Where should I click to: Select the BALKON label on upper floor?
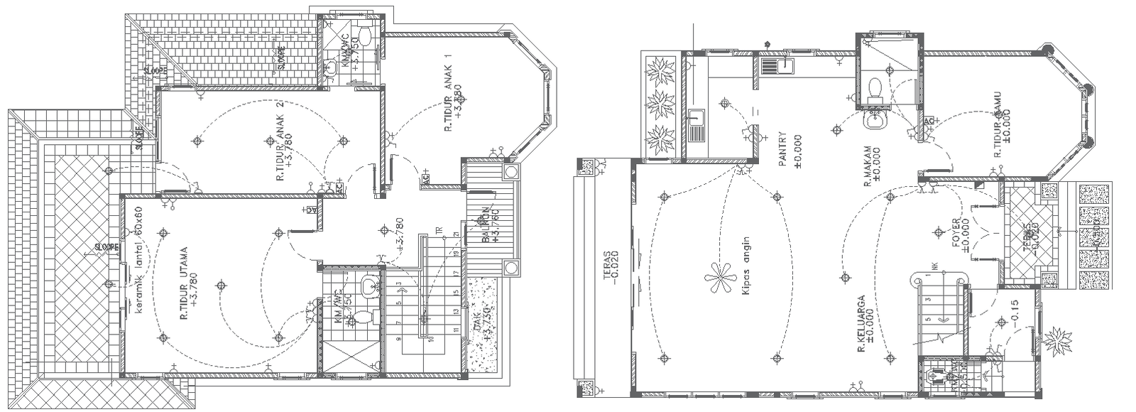(x=486, y=226)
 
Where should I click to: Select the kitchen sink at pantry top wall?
(x=777, y=66)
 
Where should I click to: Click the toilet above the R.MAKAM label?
(x=875, y=88)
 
